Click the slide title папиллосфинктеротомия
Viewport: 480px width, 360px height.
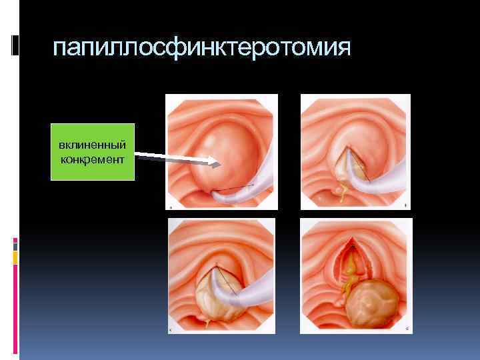[201, 48]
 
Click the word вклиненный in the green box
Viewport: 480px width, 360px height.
[92, 145]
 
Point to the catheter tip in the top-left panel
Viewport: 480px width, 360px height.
[215, 194]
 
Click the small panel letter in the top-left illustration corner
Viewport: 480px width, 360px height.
[171, 207]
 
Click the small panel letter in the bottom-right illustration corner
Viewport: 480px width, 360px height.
[407, 329]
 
